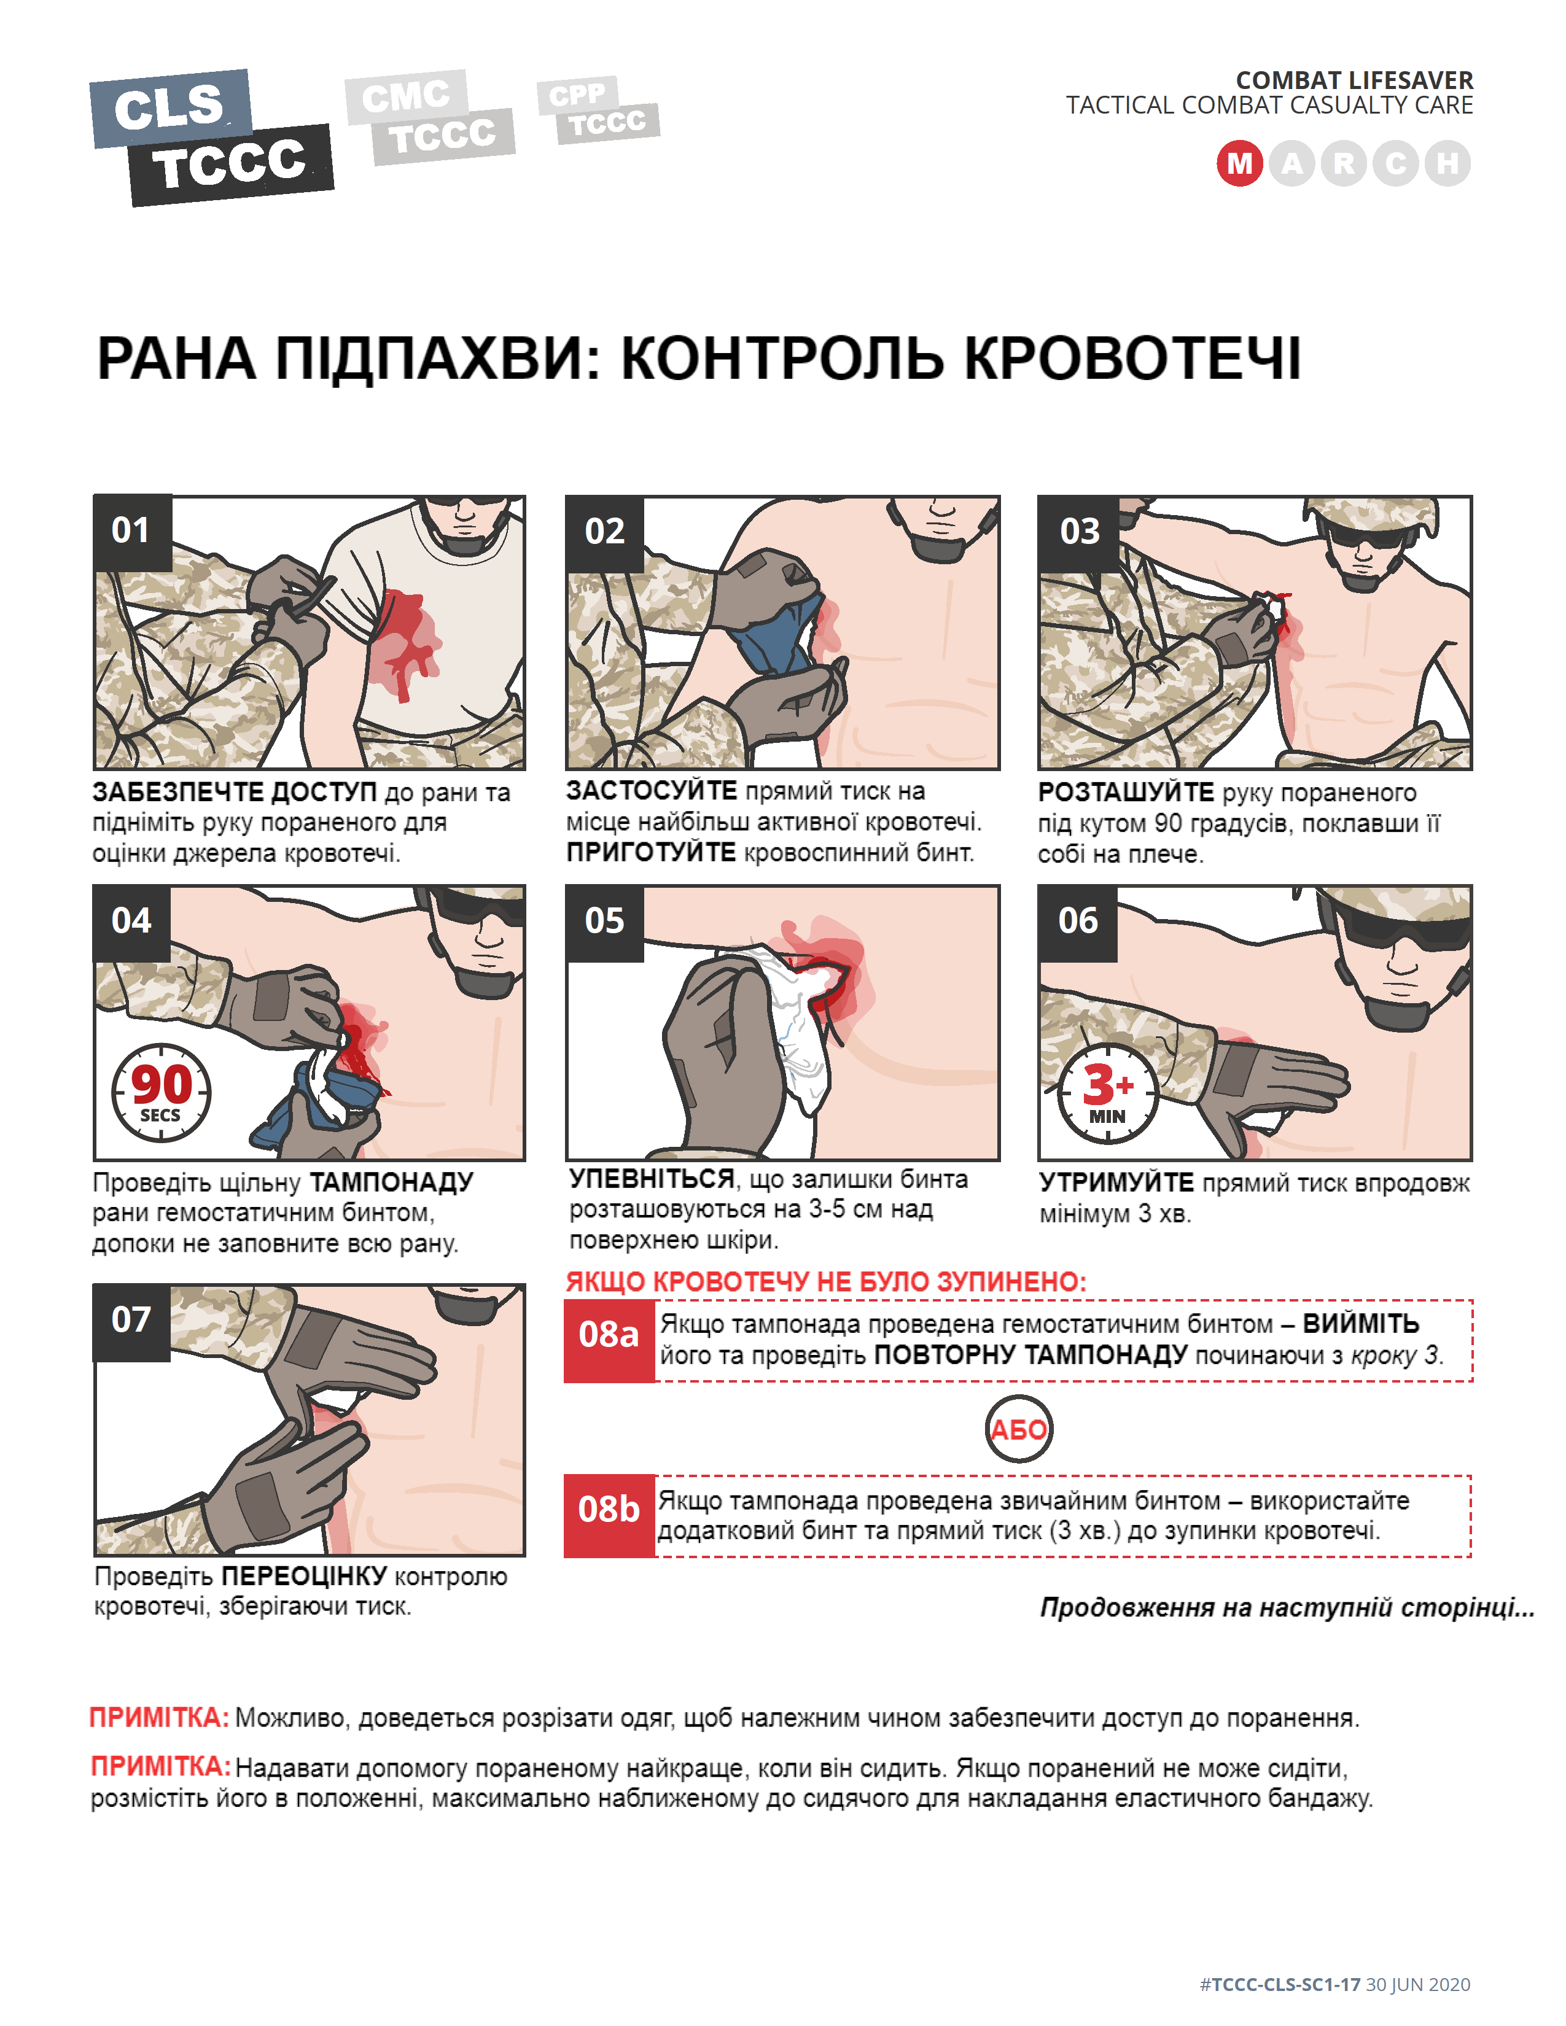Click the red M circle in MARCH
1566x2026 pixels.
[x=1239, y=163]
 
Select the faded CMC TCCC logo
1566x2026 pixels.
[x=429, y=117]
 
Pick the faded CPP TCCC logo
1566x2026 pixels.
[x=598, y=109]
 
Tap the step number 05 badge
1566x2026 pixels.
[x=604, y=921]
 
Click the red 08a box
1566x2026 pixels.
[x=609, y=1340]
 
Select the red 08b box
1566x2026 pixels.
[x=609, y=1514]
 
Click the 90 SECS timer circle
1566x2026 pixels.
[x=162, y=1093]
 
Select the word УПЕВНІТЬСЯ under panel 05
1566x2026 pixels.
[x=651, y=1179]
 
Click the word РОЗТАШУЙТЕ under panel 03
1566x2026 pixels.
[x=1125, y=792]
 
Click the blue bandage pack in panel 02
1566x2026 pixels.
[x=777, y=635]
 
